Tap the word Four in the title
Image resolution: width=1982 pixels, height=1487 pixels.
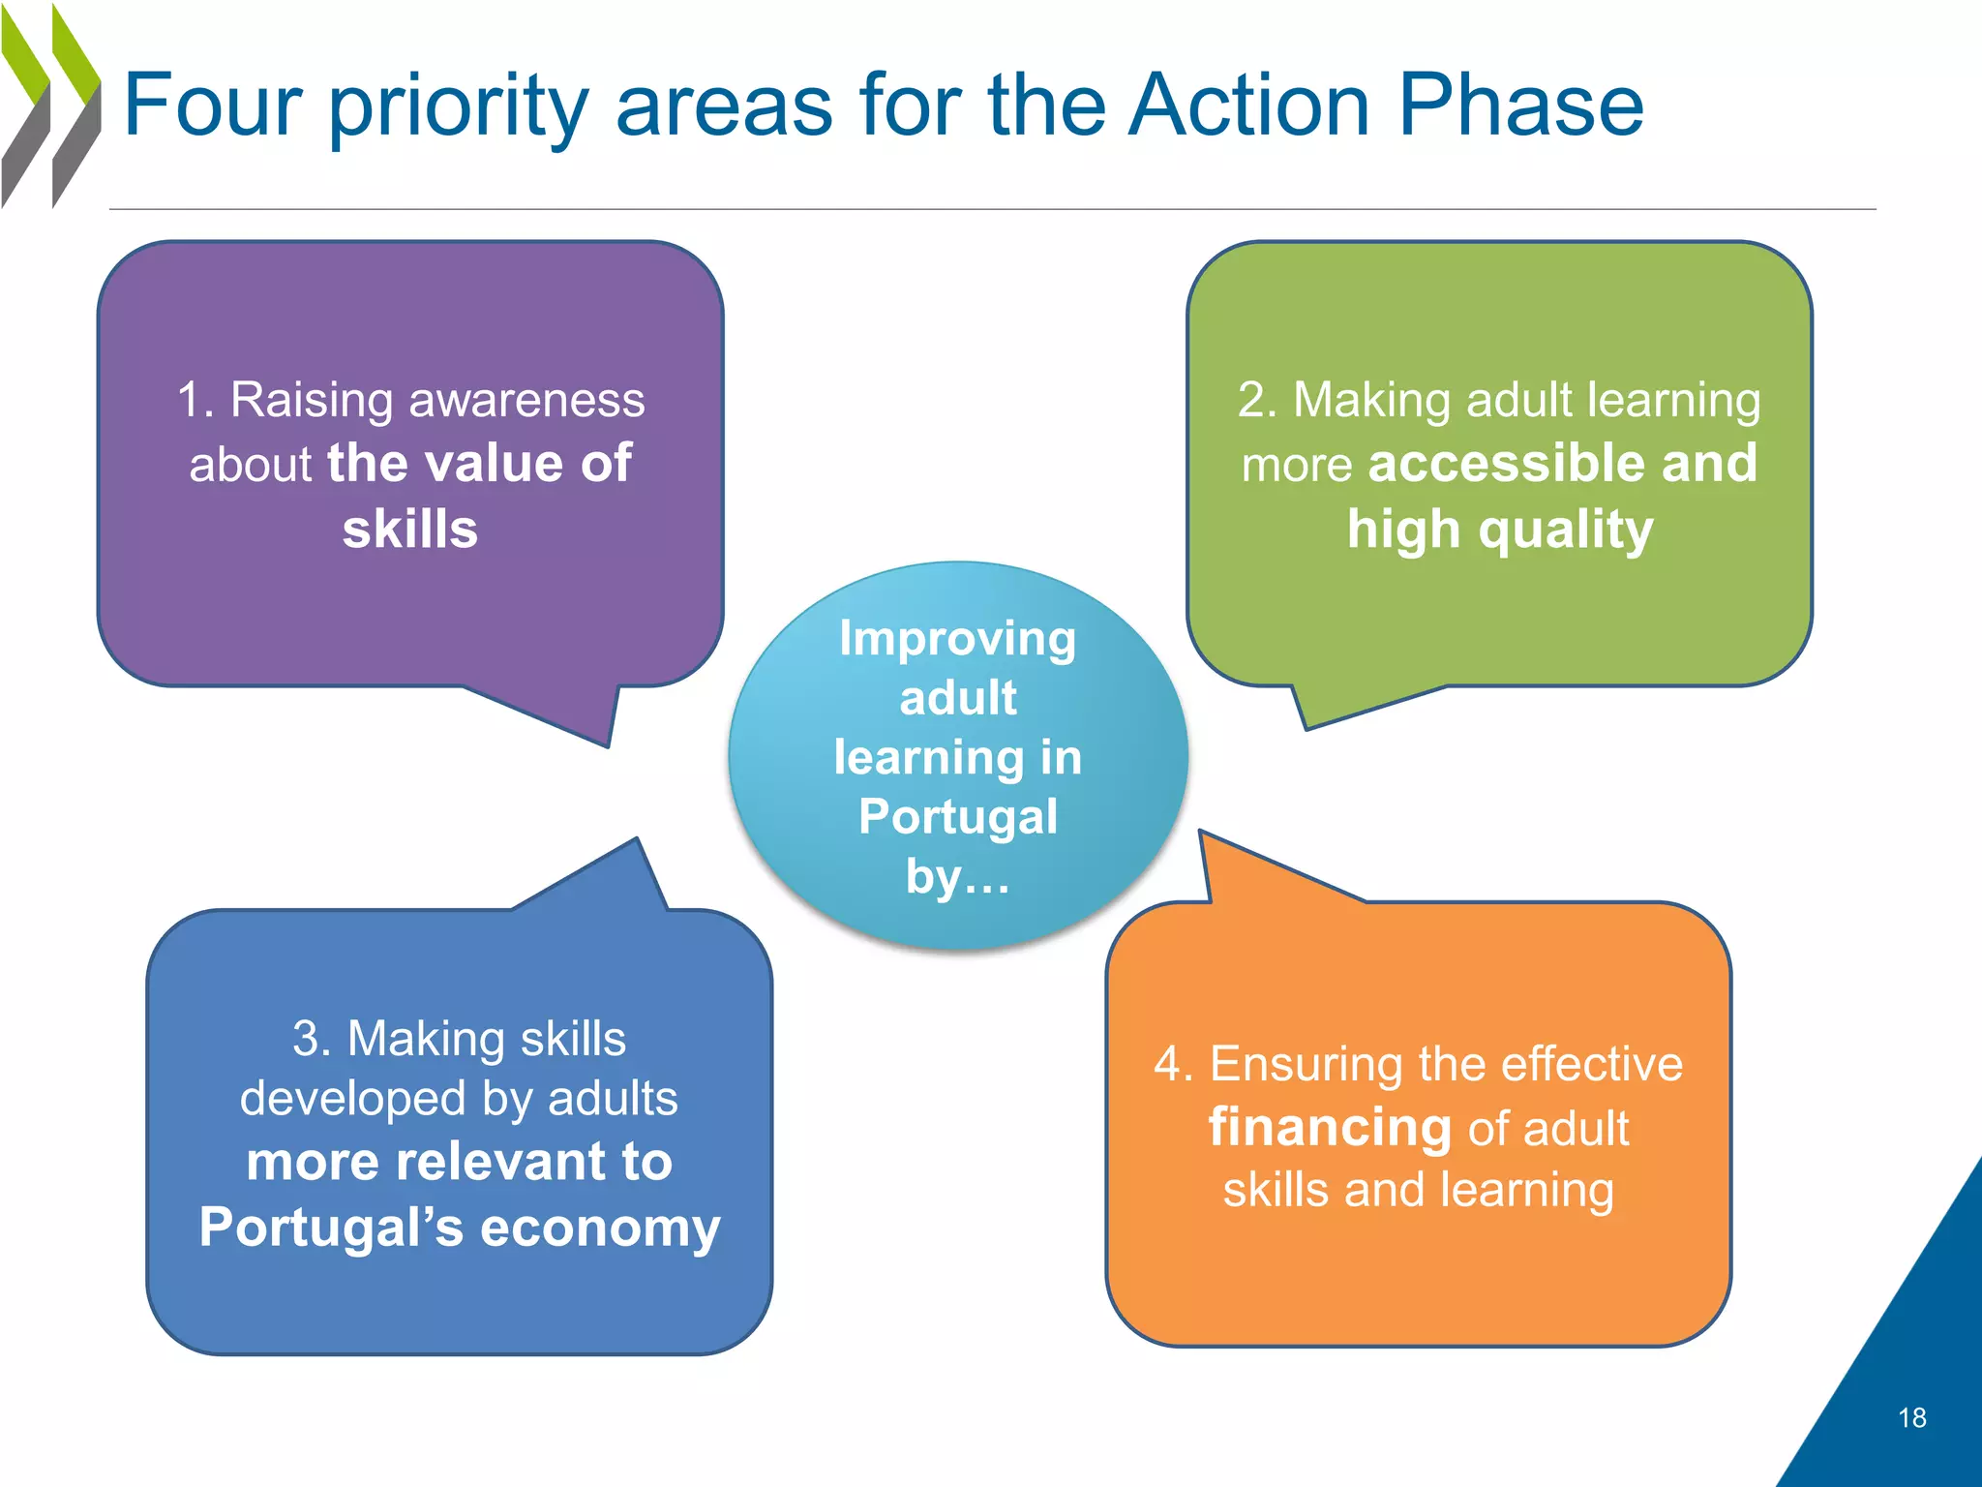pos(213,106)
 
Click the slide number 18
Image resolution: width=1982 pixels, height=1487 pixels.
pos(1911,1418)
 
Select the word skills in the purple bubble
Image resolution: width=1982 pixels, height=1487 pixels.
pos(410,530)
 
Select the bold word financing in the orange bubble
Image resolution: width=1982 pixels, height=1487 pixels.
pos(1330,1128)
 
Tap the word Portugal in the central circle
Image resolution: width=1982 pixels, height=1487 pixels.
pos(958,816)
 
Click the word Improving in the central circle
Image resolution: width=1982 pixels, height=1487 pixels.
pos(958,639)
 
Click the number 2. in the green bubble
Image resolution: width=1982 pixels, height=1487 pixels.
pos(1257,400)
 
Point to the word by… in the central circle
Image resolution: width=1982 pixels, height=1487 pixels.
pos(958,876)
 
